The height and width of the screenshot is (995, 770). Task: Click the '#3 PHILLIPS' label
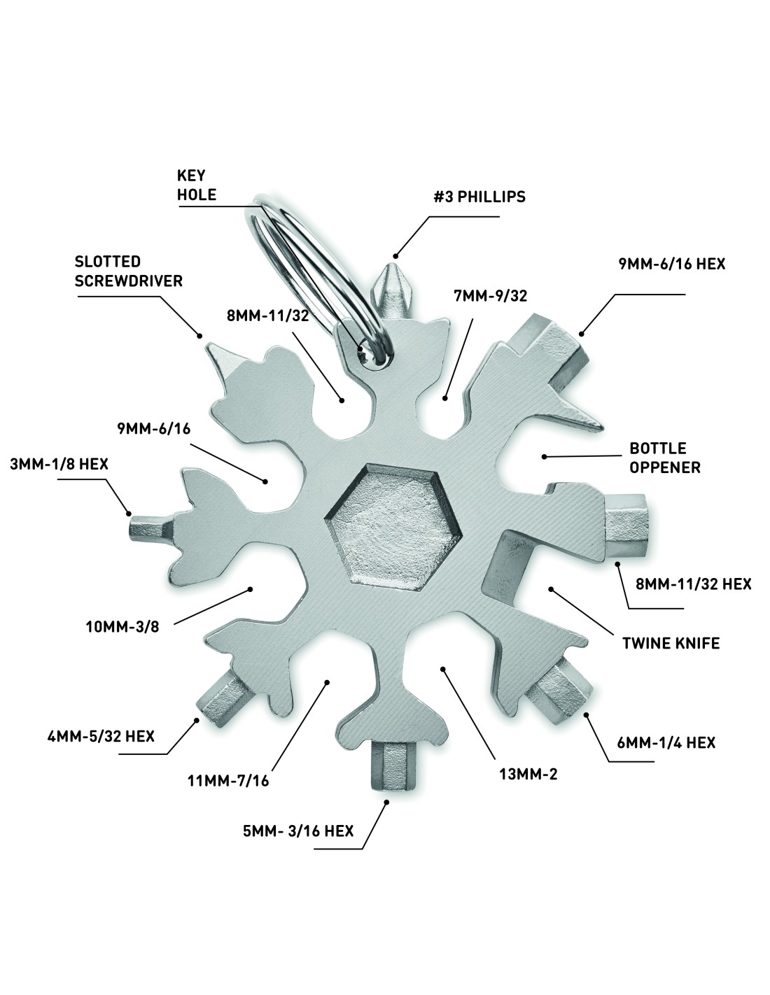tap(479, 197)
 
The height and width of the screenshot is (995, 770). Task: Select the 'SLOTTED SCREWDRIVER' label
tap(129, 271)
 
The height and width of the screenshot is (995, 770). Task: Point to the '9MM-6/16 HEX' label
tap(671, 264)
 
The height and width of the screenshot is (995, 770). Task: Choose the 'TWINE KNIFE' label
tap(671, 642)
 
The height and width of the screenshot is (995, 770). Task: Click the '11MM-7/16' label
tap(228, 780)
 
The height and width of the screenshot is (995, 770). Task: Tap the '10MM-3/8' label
tap(123, 626)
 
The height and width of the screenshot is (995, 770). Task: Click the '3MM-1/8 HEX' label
tap(59, 463)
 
